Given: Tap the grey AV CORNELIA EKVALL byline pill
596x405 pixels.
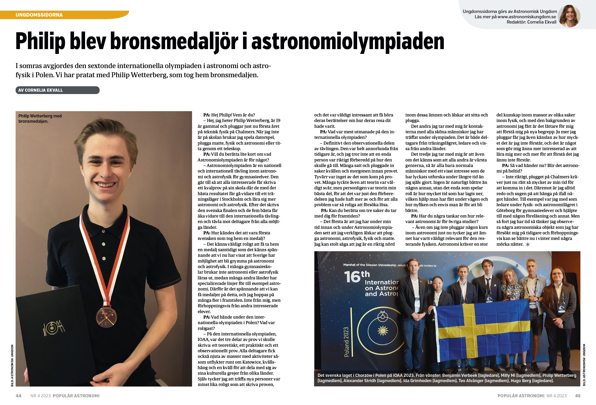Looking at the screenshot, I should click(57, 90).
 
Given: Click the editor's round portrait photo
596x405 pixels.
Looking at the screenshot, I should click(569, 16).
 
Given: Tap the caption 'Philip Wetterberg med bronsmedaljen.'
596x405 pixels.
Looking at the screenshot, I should click(40, 119).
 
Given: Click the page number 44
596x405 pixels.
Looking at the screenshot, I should click(19, 396).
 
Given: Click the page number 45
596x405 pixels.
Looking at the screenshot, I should click(577, 396).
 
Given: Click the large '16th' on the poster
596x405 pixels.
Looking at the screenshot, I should click(357, 276).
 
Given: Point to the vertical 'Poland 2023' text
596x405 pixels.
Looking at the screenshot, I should click(347, 342).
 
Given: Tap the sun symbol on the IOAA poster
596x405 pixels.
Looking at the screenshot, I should click(383, 331).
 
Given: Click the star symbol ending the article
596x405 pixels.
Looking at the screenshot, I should click(528, 244).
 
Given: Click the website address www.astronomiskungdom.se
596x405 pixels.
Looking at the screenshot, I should click(527, 17).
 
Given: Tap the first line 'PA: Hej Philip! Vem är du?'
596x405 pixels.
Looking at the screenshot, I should click(229, 115).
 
